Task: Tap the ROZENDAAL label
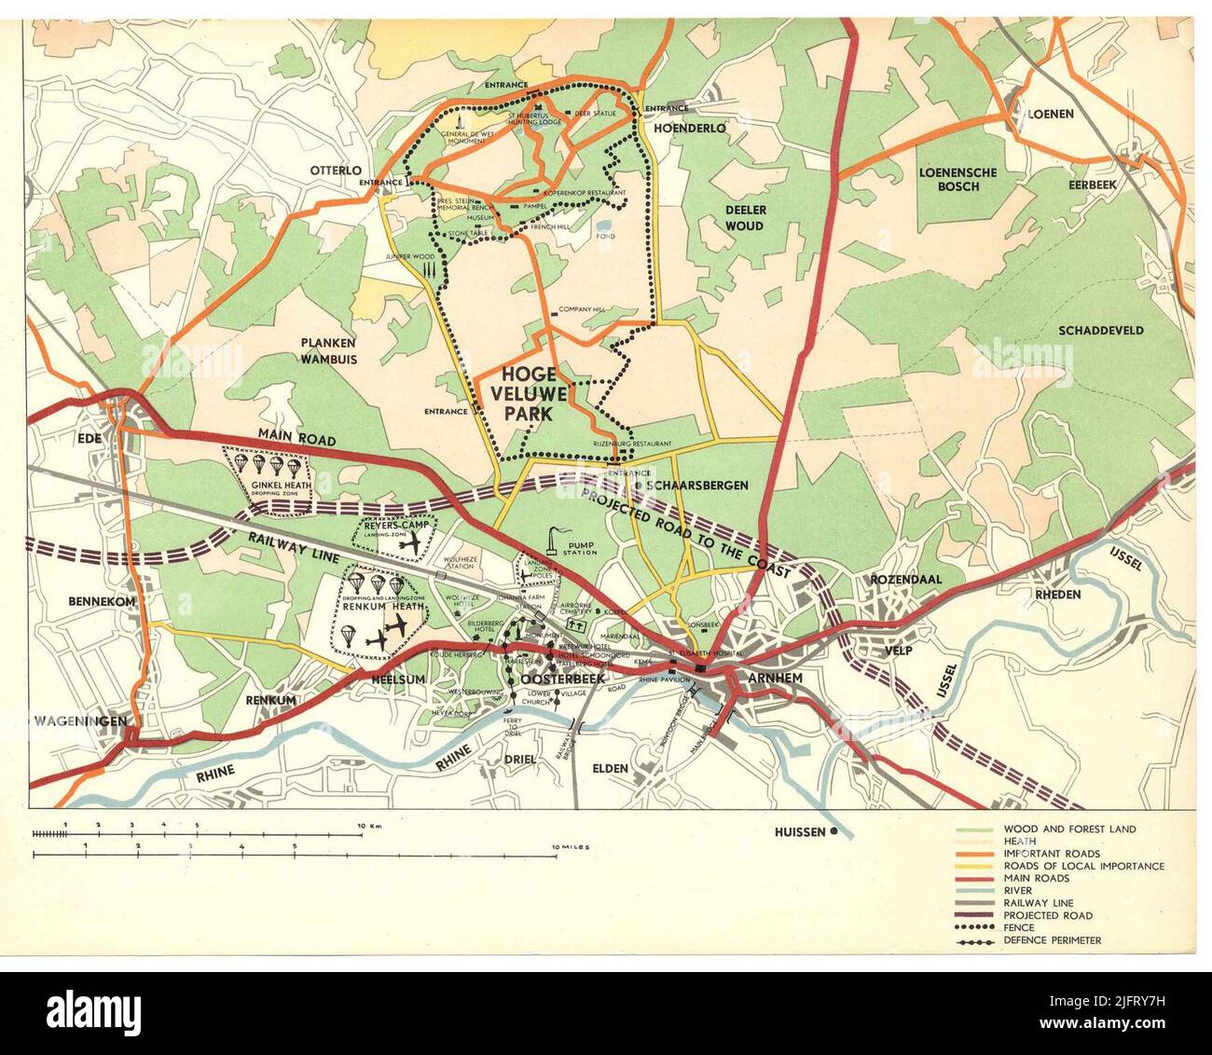pyautogui.click(x=905, y=579)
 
